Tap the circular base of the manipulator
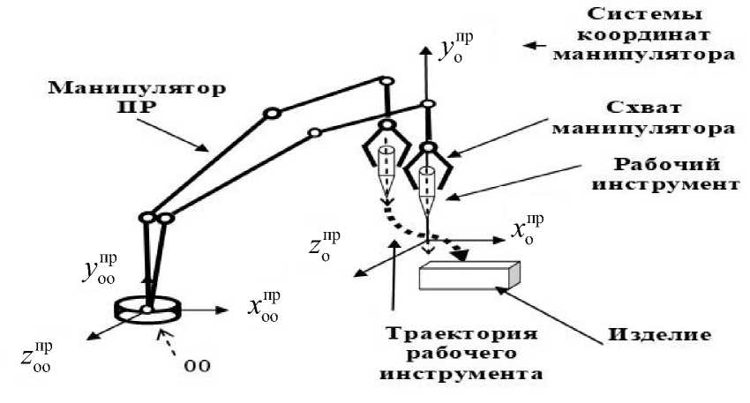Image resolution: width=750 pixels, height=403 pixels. pyautogui.click(x=146, y=310)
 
